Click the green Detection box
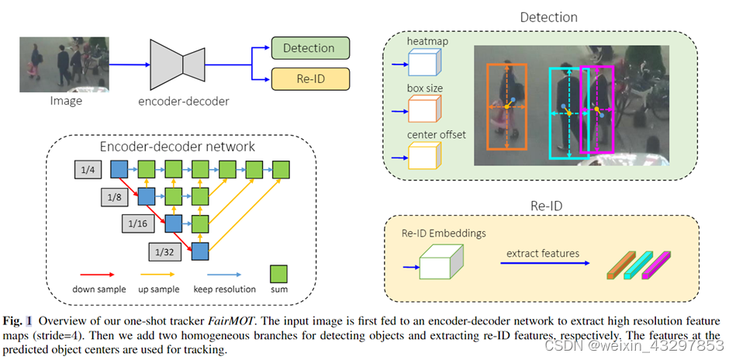tap(310, 48)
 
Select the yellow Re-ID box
tap(310, 78)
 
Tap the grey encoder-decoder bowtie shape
tap(178, 64)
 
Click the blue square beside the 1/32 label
tap(200, 251)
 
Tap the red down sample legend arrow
tap(98, 275)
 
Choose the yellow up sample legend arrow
tap(157, 275)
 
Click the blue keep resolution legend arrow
tap(224, 275)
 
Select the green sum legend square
tap(278, 274)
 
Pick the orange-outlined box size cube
tap(425, 109)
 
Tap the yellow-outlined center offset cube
tap(425, 155)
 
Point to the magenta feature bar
tap(656, 266)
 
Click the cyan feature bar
tap(638, 266)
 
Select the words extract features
tap(543, 254)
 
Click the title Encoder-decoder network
tap(178, 146)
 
